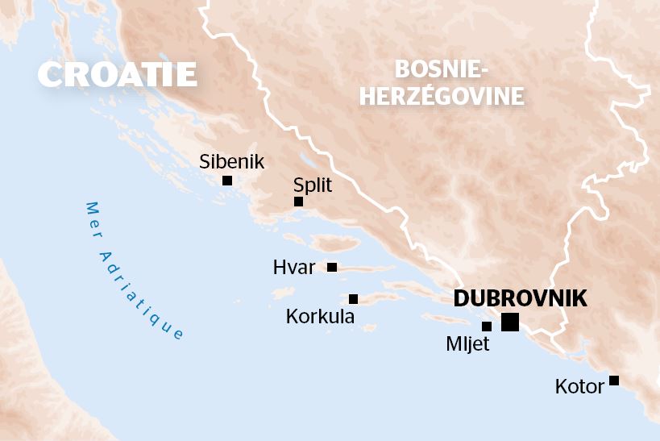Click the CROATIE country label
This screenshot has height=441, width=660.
click(118, 75)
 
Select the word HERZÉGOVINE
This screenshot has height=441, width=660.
click(442, 97)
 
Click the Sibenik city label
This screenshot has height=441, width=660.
click(231, 162)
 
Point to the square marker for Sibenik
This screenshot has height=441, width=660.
click(227, 181)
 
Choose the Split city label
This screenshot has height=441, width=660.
click(313, 185)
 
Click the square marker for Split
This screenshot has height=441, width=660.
click(298, 202)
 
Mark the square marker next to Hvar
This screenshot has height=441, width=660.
click(332, 267)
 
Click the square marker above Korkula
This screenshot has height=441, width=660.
click(353, 299)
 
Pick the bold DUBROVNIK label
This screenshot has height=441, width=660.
click(520, 297)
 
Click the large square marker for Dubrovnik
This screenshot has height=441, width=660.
click(509, 322)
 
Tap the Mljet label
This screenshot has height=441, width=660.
click(467, 344)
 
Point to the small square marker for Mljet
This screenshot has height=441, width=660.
click(486, 327)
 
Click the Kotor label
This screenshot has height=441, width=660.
click(579, 387)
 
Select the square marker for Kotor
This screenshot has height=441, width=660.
click(614, 381)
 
